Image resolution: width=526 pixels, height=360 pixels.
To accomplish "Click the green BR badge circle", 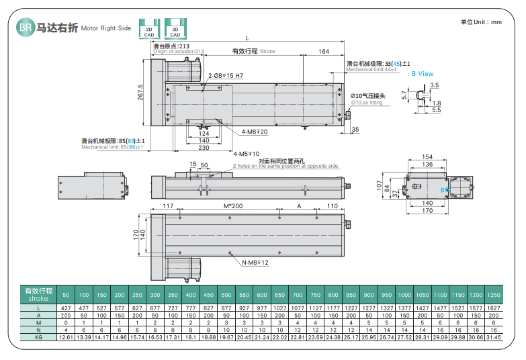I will coord(26,28).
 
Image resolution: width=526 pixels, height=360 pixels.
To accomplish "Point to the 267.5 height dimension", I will coord(140,94).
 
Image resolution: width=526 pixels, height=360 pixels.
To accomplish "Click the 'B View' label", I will coord(423,73).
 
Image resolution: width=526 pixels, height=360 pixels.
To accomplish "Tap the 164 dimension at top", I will coord(323,52).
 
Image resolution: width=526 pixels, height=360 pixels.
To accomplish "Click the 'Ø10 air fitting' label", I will coord(367,103).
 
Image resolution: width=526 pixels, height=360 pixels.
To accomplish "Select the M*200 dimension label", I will coord(231,206).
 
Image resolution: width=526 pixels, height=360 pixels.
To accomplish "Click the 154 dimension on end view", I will coord(427,156).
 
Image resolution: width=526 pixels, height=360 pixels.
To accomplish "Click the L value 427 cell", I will coord(66,308).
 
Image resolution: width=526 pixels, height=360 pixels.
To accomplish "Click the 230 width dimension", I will coord(204,147).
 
